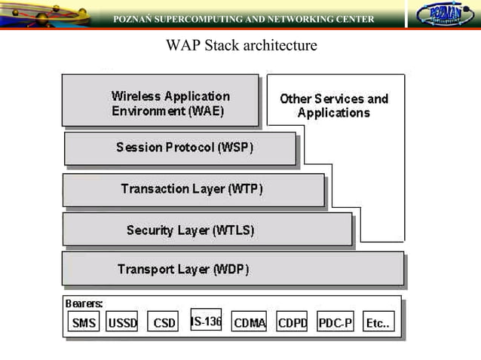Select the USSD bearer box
point(122,323)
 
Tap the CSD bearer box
point(164,323)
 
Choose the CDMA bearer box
point(249,323)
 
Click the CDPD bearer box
point(292,323)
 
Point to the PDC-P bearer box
point(335,323)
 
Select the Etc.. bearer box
point(378,323)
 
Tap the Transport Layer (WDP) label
point(183,269)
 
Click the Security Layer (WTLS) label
point(190,230)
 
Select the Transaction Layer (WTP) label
point(191,189)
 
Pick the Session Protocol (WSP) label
point(185,148)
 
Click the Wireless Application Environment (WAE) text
point(170,103)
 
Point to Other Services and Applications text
point(334,105)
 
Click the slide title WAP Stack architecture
point(241,46)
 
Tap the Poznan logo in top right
point(445,15)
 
